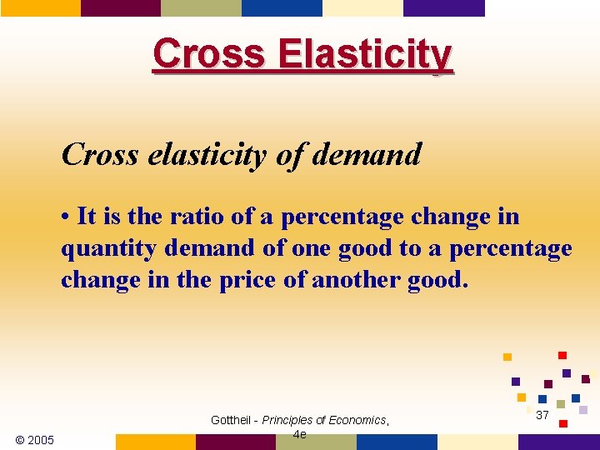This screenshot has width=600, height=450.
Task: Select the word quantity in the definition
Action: [x=101, y=249]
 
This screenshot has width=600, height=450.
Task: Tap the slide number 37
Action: [x=542, y=415]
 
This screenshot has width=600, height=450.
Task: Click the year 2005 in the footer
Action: [x=41, y=440]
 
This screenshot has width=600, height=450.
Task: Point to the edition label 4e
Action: [x=300, y=434]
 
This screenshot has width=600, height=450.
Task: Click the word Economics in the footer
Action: [x=357, y=420]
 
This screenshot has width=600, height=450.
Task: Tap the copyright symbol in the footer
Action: [x=20, y=440]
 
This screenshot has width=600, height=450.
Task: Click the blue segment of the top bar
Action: [x=281, y=7]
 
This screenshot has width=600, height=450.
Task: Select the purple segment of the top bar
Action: [x=443, y=7]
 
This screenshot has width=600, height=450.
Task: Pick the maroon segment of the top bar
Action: [x=120, y=7]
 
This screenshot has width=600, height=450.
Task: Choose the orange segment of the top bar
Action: [x=40, y=7]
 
